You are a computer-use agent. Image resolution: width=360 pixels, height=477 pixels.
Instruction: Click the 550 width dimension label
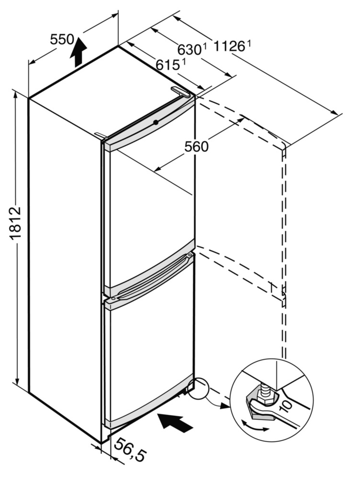click(x=62, y=40)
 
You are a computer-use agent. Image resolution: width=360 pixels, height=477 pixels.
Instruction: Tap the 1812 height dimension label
click(x=15, y=223)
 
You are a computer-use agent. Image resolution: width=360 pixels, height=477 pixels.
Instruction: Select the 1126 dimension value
click(x=229, y=46)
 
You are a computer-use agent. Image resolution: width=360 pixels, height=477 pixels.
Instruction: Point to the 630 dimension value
click(x=189, y=50)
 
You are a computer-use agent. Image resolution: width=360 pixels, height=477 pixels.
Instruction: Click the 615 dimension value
click(x=167, y=65)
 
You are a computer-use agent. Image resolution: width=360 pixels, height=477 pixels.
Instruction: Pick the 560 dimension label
click(x=196, y=147)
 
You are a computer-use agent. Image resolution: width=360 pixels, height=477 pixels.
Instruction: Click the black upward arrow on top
click(x=78, y=51)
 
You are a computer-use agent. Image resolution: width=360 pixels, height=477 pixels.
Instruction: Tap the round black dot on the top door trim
click(x=156, y=122)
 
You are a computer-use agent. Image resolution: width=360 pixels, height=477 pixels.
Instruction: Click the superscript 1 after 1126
click(x=249, y=44)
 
